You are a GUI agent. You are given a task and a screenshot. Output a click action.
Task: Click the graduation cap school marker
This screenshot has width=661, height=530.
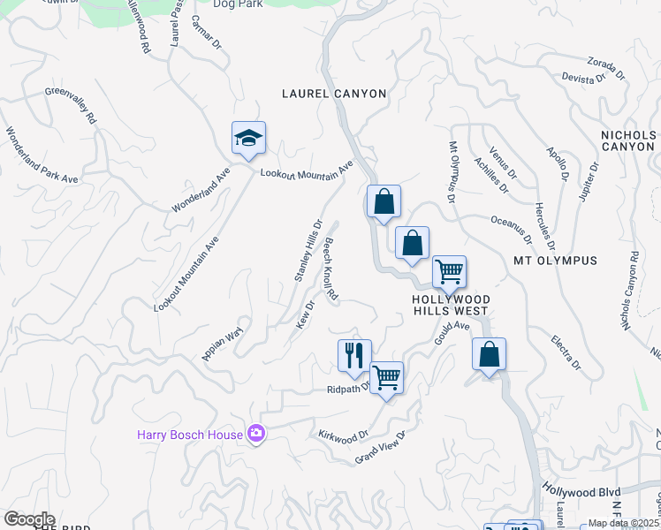coord(248,138)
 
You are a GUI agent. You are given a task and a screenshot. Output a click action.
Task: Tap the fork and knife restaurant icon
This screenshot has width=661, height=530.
coord(354,355)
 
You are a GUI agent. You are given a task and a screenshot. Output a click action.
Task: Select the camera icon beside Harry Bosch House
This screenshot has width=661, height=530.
coord(256,433)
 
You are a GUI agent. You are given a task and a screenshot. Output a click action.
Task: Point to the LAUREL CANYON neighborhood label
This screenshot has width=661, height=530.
coord(334,94)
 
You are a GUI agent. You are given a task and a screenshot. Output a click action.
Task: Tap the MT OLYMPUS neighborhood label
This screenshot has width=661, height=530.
coord(556,261)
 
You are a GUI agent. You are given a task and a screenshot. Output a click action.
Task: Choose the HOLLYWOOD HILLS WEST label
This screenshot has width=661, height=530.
coord(451,305)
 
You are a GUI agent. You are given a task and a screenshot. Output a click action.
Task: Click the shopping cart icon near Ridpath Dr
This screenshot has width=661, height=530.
coord(386,378)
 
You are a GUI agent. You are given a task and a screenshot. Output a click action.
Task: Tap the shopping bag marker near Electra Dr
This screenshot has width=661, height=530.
coord(489,354)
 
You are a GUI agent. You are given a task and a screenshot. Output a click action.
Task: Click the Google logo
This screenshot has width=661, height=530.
coord(29,519)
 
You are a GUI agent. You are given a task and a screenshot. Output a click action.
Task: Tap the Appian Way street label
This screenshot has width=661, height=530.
coord(222,343)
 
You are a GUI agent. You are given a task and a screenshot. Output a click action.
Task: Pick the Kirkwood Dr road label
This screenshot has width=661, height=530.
coord(343,435)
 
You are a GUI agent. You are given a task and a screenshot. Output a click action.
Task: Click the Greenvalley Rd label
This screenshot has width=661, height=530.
coord(71,104)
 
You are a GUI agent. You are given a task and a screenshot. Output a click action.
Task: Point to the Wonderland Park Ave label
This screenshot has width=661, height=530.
coord(42,155)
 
